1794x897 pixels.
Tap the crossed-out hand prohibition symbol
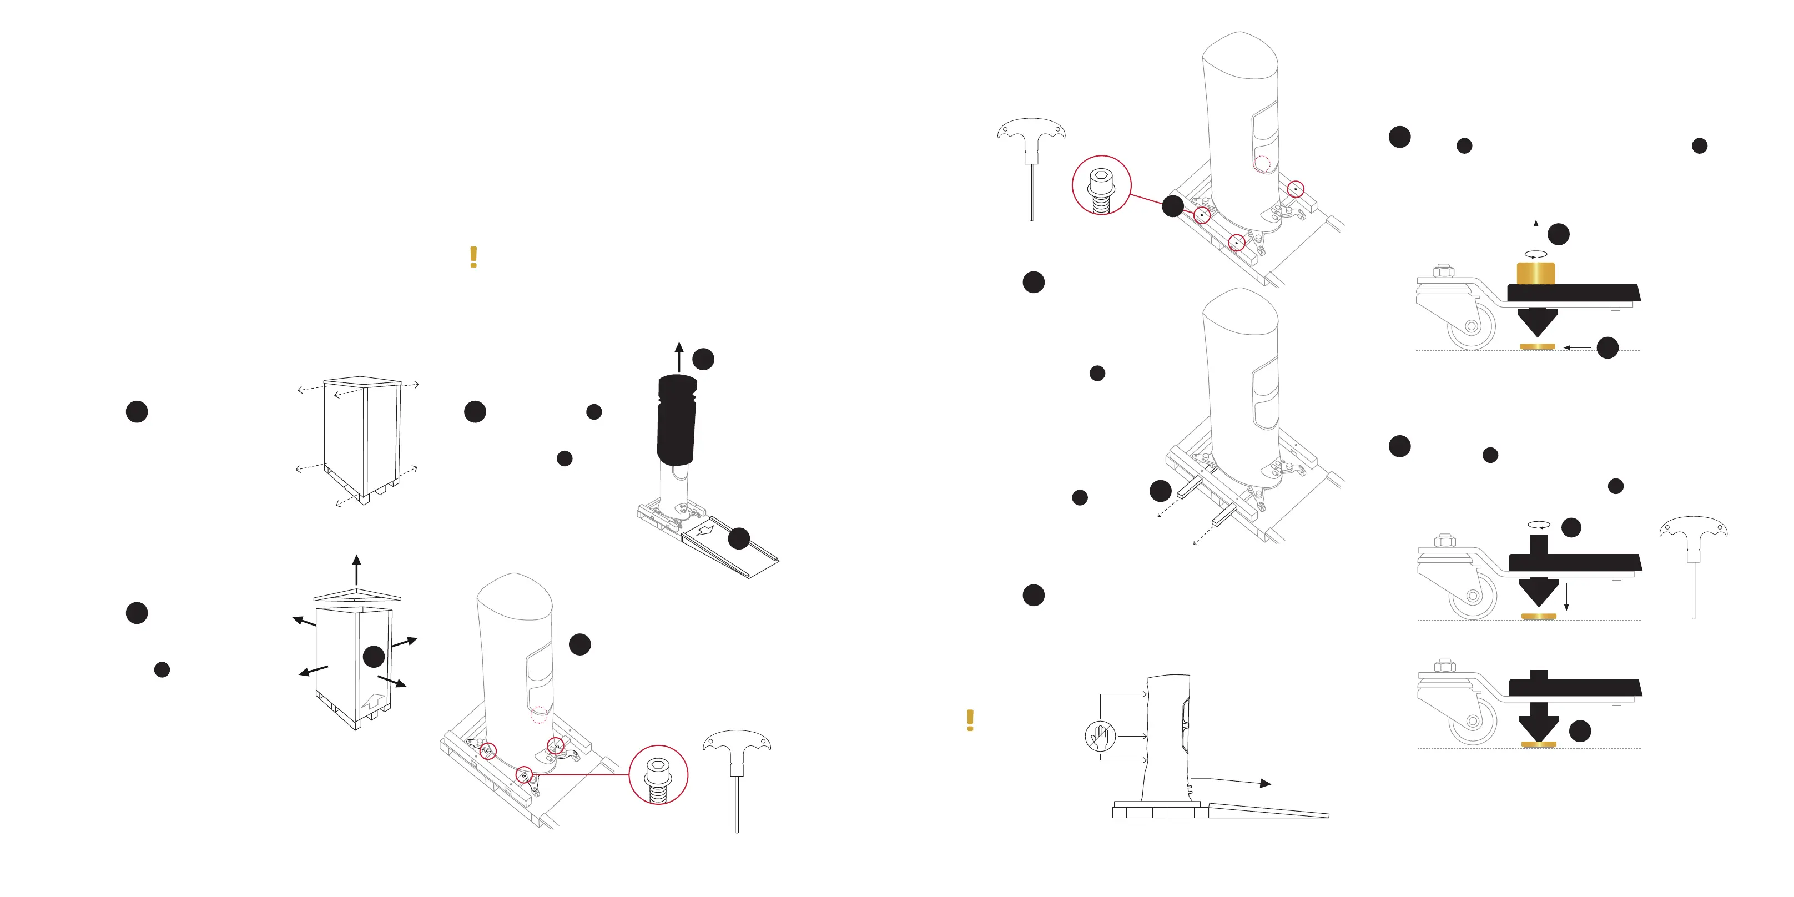pos(1100,736)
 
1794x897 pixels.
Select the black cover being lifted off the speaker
pos(676,420)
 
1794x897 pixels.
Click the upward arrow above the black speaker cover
pos(679,356)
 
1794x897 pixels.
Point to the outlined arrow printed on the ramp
pos(705,531)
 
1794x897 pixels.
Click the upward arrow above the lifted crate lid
pos(356,569)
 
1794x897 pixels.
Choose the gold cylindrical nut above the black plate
pos(1536,273)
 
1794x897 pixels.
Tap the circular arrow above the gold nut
pos(1536,255)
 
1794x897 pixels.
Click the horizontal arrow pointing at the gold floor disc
pos(1577,347)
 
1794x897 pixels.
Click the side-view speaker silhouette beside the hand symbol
pos(1167,738)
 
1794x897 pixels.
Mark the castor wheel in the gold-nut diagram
pos(1471,326)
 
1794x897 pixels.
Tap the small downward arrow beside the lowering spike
pos(1566,597)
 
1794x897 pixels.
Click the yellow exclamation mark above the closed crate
pos(473,257)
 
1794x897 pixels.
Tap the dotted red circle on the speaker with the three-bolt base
pos(539,715)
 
